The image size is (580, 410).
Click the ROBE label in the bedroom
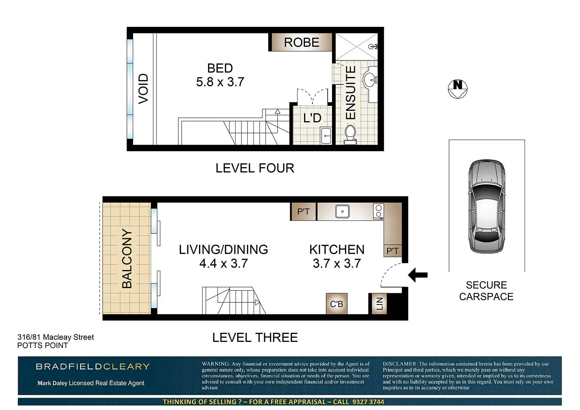tap(302, 42)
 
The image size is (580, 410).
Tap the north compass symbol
tap(457, 89)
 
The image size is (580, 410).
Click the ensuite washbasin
tap(370, 79)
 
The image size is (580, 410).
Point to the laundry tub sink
tap(326, 135)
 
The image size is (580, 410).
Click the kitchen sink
tap(342, 211)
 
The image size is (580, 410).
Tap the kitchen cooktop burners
tap(378, 211)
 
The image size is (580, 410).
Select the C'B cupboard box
tap(337, 303)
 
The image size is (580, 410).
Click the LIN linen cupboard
tap(379, 303)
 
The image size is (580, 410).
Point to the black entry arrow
tap(418, 275)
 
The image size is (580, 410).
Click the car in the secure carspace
tap(487, 206)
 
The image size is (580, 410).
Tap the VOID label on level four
tap(143, 89)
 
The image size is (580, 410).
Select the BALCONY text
tap(127, 258)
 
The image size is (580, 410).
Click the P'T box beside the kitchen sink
tap(303, 212)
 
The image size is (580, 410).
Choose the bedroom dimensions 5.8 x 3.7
tap(220, 82)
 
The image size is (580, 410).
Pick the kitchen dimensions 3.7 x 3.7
tap(337, 264)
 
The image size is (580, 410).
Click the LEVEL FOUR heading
tap(255, 168)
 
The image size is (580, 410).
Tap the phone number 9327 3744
tap(368, 402)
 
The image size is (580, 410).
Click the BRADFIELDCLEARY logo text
tap(93, 366)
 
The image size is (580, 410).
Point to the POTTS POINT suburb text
tap(42, 345)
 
